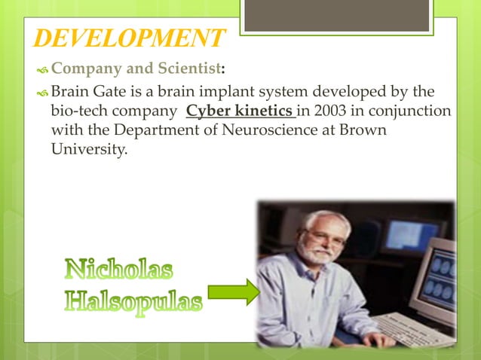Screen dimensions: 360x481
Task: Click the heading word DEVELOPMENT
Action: (130, 38)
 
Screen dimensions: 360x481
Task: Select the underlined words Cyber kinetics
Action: (240, 112)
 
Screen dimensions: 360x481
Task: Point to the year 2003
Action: (323, 112)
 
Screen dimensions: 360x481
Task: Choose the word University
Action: (89, 148)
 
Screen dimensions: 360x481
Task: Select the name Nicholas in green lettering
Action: (118, 269)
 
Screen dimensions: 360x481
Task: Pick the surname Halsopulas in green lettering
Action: (133, 303)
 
